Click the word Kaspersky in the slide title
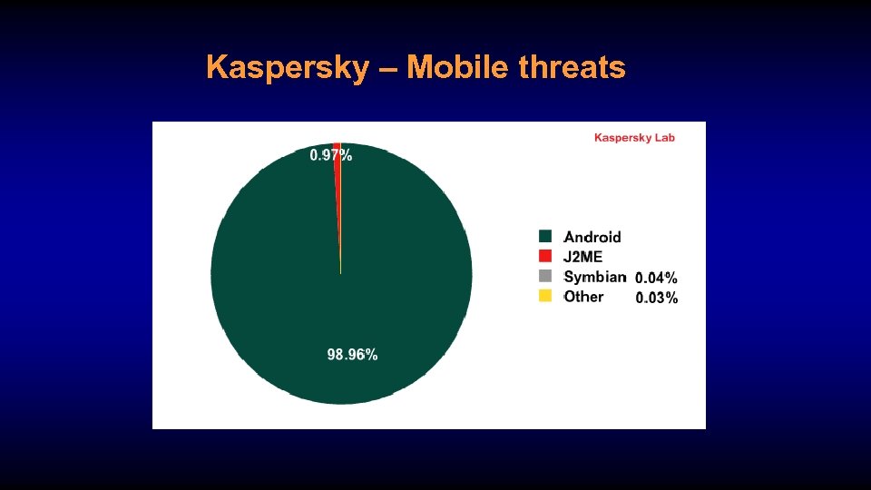click(x=288, y=67)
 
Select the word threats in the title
click(x=573, y=67)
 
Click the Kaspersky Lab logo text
click(x=634, y=138)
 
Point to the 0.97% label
click(x=331, y=155)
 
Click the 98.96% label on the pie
click(x=352, y=355)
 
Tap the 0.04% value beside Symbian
click(x=656, y=279)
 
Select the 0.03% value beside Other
click(x=656, y=298)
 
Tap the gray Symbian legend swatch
click(x=545, y=276)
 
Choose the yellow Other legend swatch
click(x=545, y=296)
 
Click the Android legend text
click(x=592, y=237)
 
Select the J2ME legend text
click(x=583, y=257)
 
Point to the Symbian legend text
click(x=595, y=277)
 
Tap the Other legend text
click(x=583, y=297)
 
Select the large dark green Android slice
click(x=299, y=290)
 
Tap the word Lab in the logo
click(x=664, y=138)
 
